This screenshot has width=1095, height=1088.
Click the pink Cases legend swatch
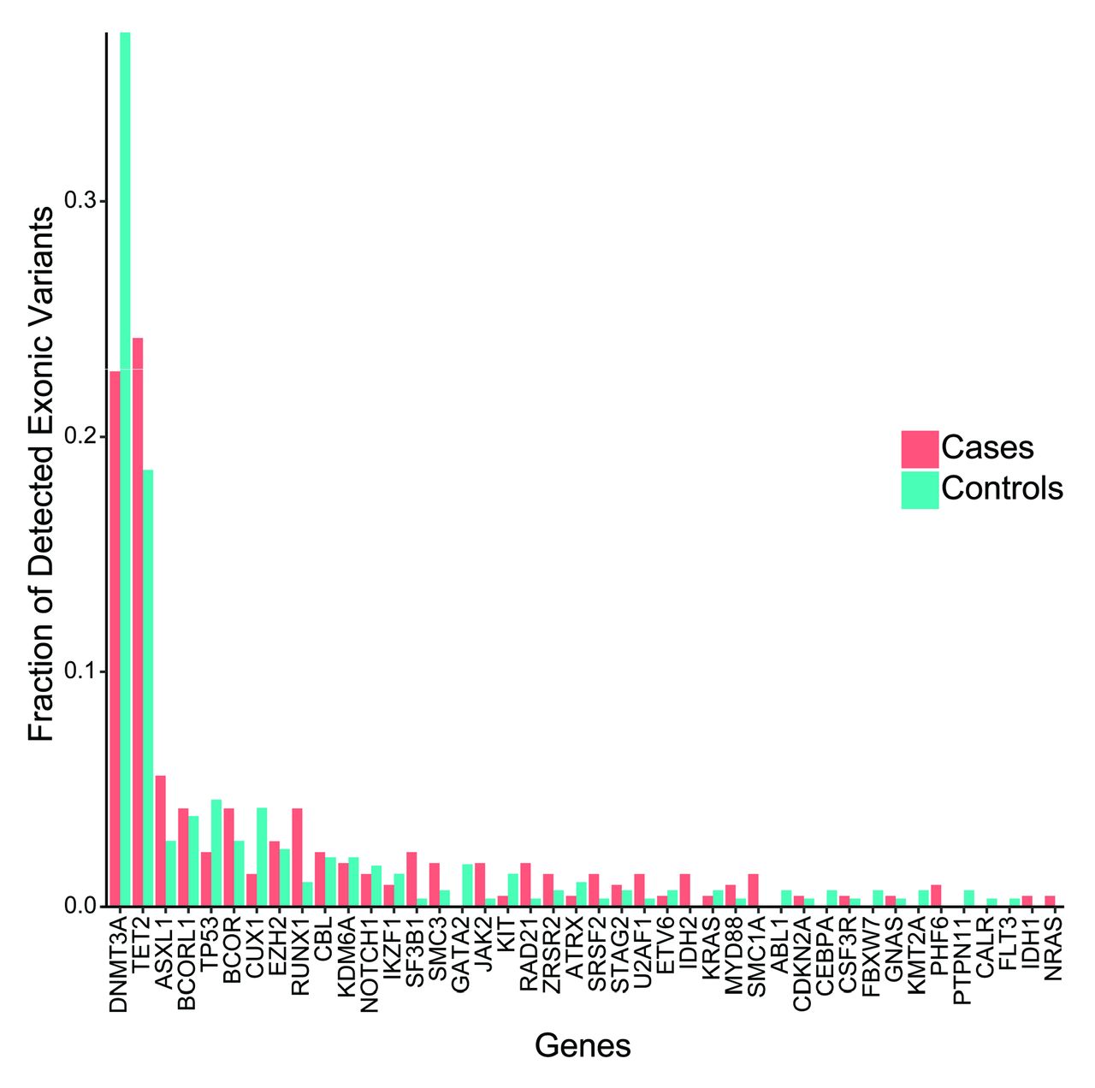click(920, 449)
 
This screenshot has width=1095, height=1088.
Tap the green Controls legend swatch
click(920, 490)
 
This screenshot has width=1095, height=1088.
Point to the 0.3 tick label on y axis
click(81, 201)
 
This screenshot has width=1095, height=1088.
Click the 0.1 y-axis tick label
click(81, 671)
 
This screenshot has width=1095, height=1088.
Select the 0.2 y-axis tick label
click(81, 436)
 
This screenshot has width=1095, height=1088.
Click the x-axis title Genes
click(583, 1045)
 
